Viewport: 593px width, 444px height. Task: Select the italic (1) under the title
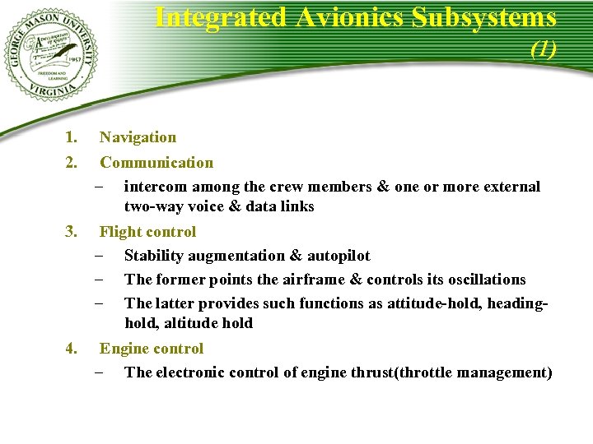pos(544,49)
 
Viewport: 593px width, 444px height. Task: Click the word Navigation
pos(138,137)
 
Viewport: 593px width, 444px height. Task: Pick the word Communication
pos(156,163)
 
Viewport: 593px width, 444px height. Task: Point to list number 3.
pos(72,232)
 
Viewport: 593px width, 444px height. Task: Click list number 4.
pos(72,349)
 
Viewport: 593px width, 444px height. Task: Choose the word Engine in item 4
pos(124,349)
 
